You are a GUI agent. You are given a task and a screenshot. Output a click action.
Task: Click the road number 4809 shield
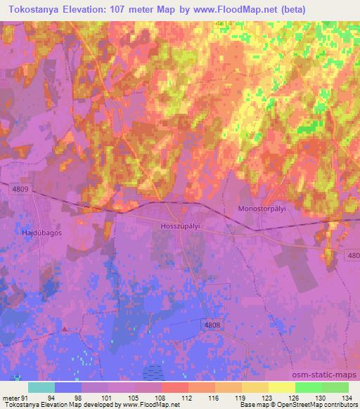(x=20, y=189)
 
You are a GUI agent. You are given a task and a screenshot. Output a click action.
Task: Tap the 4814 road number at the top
(x=223, y=23)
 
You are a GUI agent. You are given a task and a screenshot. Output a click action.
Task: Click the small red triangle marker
(x=65, y=328)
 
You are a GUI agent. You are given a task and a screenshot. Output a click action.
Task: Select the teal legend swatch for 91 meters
(x=41, y=387)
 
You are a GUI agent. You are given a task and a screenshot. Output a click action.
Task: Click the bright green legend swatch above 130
(x=308, y=387)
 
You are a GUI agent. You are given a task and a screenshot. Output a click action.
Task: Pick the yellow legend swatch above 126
(x=281, y=387)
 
